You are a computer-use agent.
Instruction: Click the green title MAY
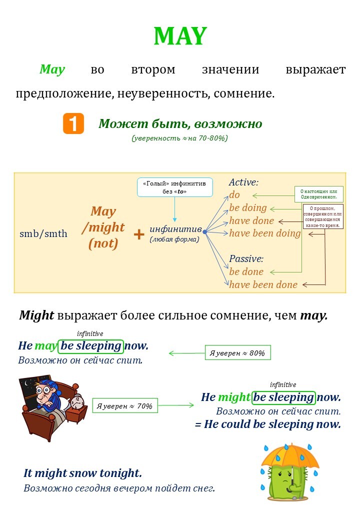coord(179,36)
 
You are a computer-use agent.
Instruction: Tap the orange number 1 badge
coord(73,124)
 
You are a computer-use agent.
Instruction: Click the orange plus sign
coord(139,233)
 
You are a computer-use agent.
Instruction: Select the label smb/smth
coord(43,233)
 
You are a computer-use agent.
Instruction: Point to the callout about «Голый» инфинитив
coord(174,187)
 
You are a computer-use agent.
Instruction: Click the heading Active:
coord(244,182)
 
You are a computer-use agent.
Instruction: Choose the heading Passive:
coord(246,258)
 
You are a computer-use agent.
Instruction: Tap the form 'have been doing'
coord(265,233)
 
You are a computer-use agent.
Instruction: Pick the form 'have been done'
coord(263,284)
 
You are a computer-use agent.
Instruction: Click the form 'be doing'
coord(248,207)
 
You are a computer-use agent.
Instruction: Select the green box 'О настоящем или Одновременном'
coord(318,194)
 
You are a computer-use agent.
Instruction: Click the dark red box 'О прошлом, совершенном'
coord(322,216)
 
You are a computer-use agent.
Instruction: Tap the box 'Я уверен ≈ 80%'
coord(237,352)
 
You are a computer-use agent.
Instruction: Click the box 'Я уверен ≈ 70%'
coord(125,405)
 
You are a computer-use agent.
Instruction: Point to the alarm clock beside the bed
coord(76,401)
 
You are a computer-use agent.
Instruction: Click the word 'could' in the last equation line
coord(234,424)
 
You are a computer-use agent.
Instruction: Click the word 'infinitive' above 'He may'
coord(90,333)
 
